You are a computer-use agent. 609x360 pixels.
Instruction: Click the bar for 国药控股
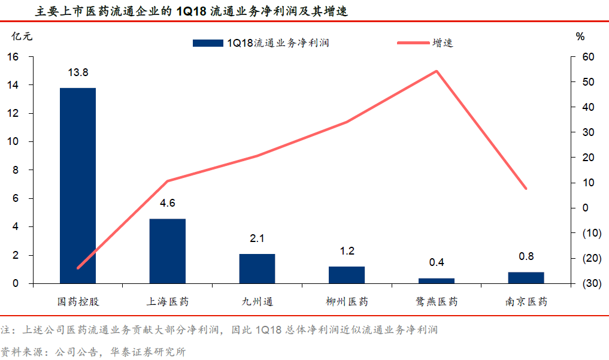(x=78, y=186)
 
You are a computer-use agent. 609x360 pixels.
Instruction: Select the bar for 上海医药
(x=167, y=251)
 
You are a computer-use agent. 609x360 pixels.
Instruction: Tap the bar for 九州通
(x=257, y=268)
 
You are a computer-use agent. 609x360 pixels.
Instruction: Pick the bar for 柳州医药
(x=347, y=275)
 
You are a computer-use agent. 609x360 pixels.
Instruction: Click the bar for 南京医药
(x=526, y=277)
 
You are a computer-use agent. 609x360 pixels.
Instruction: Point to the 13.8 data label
(x=78, y=73)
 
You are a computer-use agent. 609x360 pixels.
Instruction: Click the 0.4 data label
(x=437, y=263)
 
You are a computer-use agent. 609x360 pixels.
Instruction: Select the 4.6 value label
(x=167, y=203)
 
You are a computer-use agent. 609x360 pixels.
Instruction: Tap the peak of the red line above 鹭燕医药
(x=437, y=71)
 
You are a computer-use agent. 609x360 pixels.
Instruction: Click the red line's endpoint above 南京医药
(x=526, y=188)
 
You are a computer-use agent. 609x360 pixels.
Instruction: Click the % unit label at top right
(x=580, y=36)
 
